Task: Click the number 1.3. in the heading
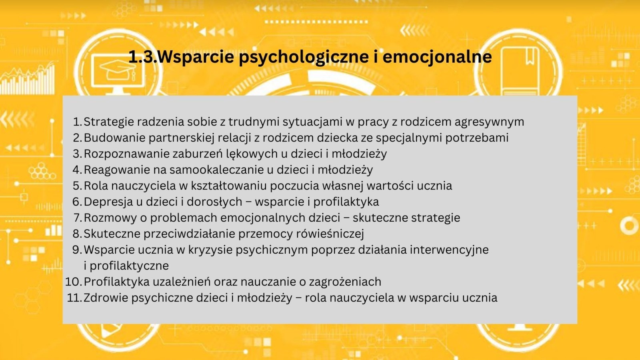click(x=142, y=56)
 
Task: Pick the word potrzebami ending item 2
click(x=477, y=138)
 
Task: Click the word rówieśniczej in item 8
click(x=330, y=234)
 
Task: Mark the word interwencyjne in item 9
click(x=449, y=250)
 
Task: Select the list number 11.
click(x=75, y=298)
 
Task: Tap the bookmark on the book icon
click(x=531, y=56)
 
